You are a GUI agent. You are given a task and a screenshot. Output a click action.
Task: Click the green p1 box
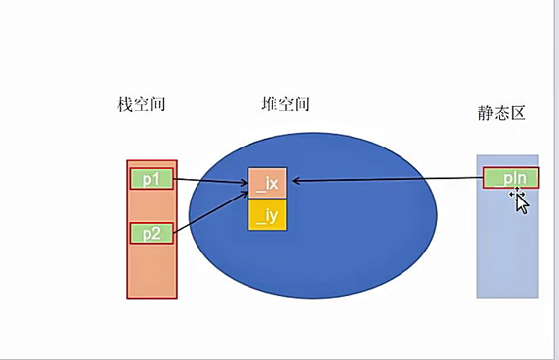[x=152, y=179]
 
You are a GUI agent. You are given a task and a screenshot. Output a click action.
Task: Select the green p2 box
[x=152, y=233]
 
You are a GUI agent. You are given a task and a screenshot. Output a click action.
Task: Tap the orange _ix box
[x=268, y=183]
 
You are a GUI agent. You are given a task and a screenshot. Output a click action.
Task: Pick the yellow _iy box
[x=268, y=214]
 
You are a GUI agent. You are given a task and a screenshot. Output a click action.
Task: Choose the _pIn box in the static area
[x=511, y=178]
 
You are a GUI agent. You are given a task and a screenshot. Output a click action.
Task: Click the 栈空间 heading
[x=141, y=105]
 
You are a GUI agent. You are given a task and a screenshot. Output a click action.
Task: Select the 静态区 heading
[x=501, y=114]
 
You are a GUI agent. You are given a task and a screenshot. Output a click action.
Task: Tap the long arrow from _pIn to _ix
[x=387, y=179]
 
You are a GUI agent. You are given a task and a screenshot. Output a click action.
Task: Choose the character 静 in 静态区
[x=485, y=114]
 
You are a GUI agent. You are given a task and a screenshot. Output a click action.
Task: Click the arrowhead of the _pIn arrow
[x=295, y=180]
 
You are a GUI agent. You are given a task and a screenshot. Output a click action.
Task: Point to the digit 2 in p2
[x=157, y=233]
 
